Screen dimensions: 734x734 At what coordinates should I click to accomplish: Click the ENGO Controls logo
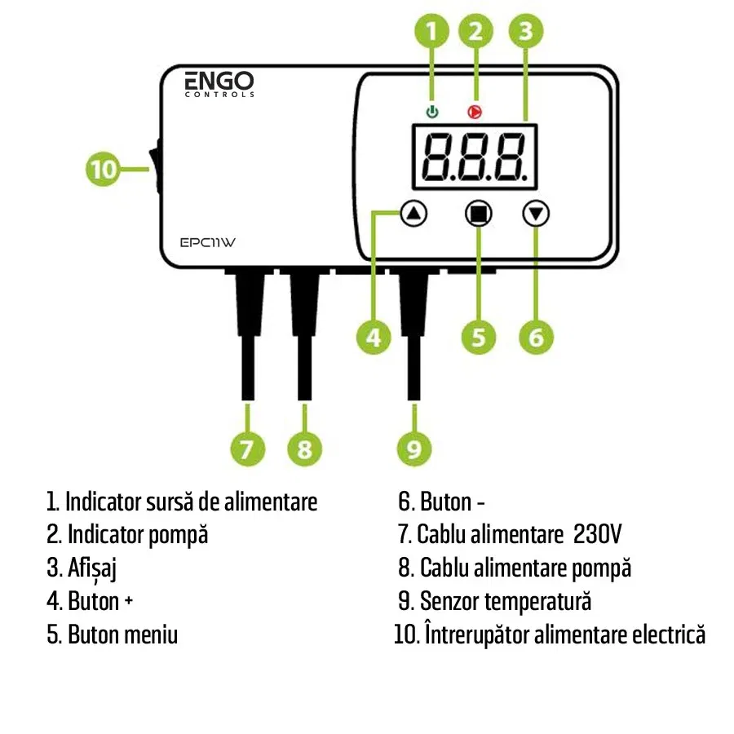pyautogui.click(x=219, y=83)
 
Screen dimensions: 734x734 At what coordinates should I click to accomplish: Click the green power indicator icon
pyautogui.click(x=432, y=112)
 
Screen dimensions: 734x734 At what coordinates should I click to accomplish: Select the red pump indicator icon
pyautogui.click(x=473, y=112)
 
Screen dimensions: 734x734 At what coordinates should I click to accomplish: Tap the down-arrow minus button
pyautogui.click(x=536, y=214)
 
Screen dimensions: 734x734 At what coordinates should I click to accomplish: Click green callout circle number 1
pyautogui.click(x=432, y=33)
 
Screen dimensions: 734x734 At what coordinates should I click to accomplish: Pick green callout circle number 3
pyautogui.click(x=526, y=33)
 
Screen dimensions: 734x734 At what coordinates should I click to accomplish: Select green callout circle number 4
pyautogui.click(x=373, y=337)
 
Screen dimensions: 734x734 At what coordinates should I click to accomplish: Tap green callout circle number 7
pyautogui.click(x=247, y=449)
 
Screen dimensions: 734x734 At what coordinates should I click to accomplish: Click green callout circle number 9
pyautogui.click(x=414, y=449)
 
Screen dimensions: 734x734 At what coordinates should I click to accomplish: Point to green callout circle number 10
pyautogui.click(x=104, y=170)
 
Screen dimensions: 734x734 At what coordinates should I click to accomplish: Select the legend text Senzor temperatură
pyautogui.click(x=505, y=602)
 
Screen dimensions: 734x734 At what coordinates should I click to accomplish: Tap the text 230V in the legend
pyautogui.click(x=598, y=535)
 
